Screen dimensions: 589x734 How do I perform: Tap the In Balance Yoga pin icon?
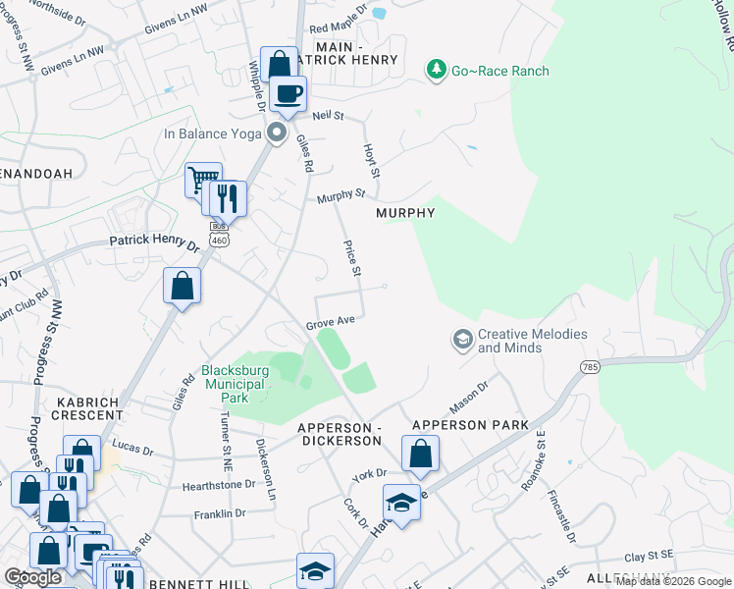click(278, 133)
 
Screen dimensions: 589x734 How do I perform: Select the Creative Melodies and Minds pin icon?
click(462, 341)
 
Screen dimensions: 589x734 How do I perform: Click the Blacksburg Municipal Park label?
click(235, 377)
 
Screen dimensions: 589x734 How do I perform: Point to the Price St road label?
click(350, 257)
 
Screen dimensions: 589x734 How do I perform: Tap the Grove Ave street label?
click(330, 321)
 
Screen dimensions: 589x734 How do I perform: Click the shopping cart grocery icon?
click(202, 179)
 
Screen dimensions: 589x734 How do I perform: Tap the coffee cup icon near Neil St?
click(288, 93)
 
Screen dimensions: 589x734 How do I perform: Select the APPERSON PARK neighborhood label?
click(470, 425)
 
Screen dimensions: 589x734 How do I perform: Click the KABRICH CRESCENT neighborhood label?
click(87, 410)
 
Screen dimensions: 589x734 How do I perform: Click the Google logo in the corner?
click(33, 577)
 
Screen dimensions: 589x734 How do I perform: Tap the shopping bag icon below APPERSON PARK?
click(420, 454)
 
